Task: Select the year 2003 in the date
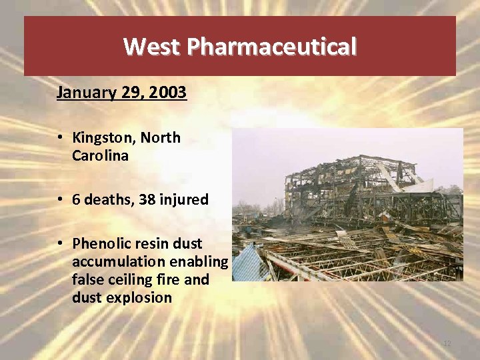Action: coord(168,92)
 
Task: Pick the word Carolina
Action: coord(105,155)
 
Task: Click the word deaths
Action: coord(109,199)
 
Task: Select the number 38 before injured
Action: coord(148,199)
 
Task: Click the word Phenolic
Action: coord(100,243)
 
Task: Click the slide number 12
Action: coord(447,343)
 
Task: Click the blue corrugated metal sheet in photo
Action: coord(248,263)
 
